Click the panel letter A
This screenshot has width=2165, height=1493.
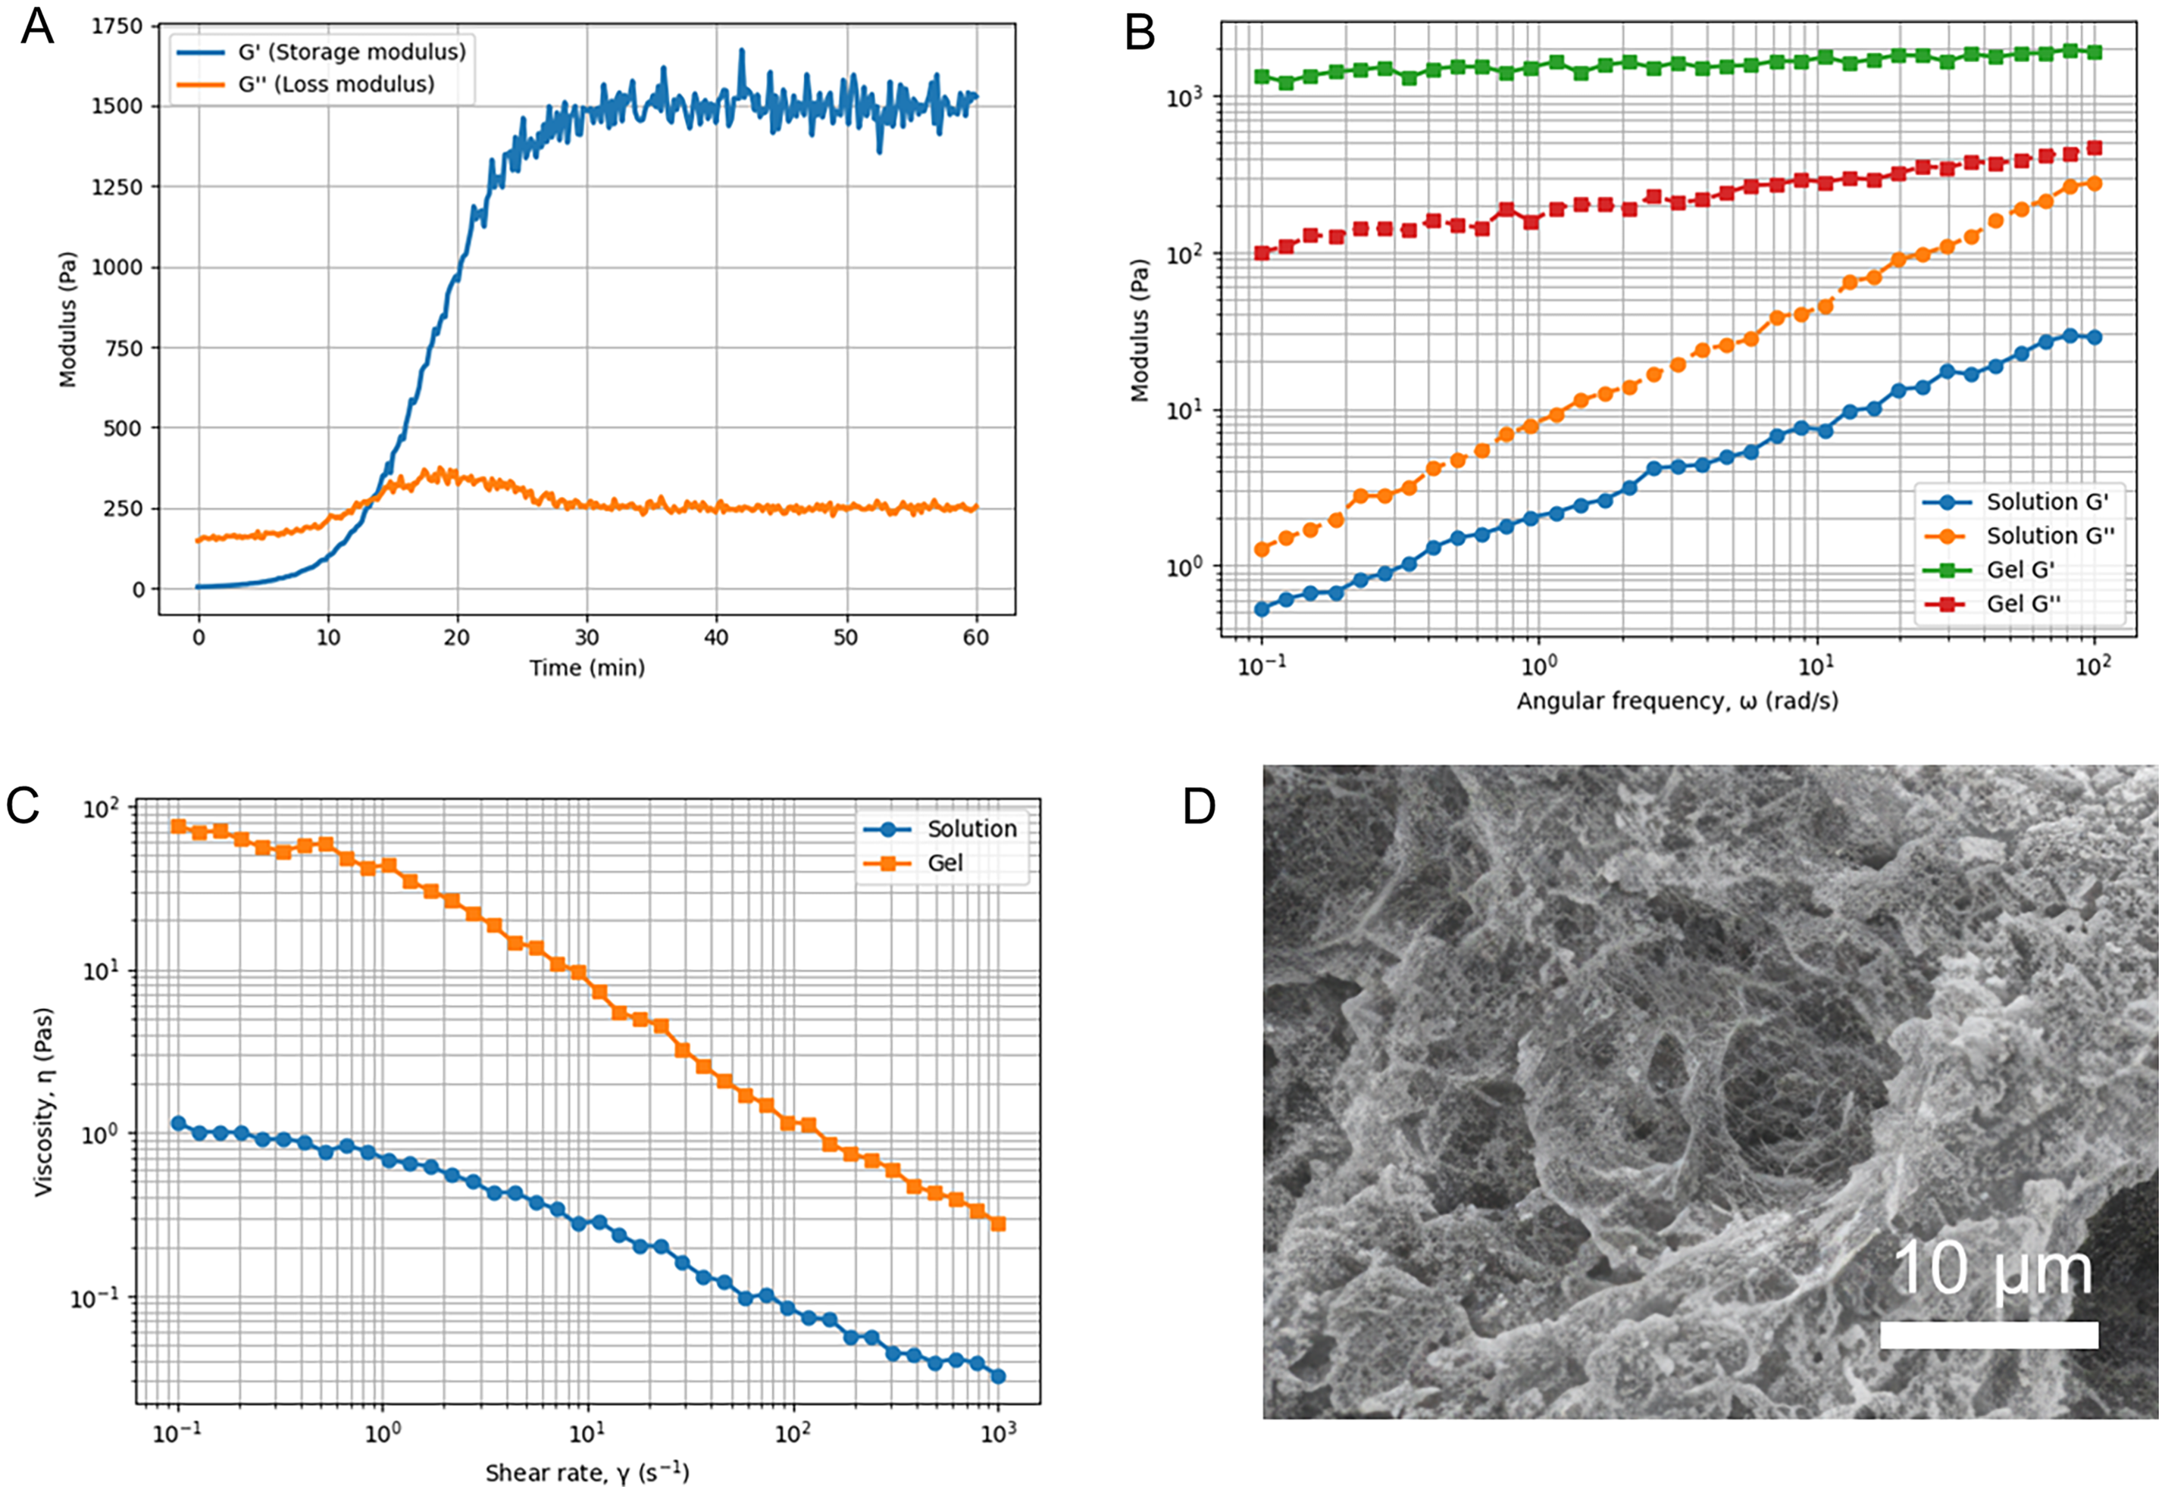37,27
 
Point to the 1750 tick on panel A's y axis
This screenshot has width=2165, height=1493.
117,27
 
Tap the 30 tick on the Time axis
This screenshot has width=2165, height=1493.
587,637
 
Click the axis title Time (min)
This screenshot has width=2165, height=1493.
587,668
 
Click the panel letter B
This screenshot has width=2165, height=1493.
1140,35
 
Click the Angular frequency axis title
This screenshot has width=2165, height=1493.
1677,701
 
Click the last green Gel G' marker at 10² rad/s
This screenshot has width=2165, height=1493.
2094,52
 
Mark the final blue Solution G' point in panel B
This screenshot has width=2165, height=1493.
2094,337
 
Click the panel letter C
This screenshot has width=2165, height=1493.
23,804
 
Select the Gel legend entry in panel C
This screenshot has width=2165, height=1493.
912,863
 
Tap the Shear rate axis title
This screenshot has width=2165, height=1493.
587,1473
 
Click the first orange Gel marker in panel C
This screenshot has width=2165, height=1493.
178,826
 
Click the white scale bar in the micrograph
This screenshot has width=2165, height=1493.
1989,1335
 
